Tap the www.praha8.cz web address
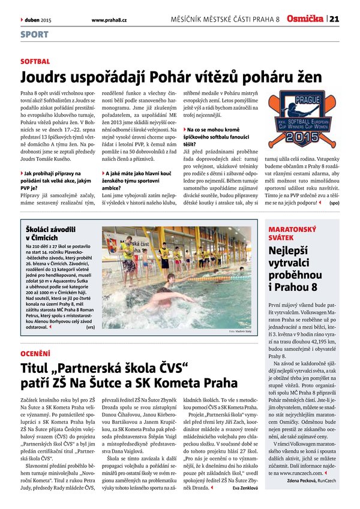(109, 20)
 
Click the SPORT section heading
(34, 35)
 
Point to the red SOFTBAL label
(35, 62)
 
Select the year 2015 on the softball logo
(298, 137)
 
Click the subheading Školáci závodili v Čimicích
(51, 233)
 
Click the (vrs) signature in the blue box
(91, 328)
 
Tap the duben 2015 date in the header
(38, 20)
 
